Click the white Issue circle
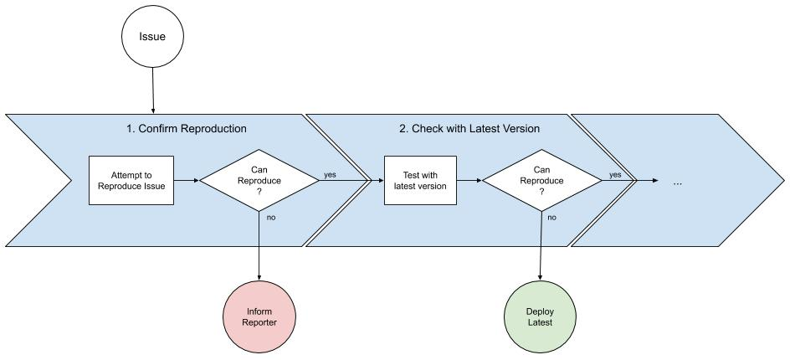pyautogui.click(x=152, y=37)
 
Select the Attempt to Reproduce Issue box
pyautogui.click(x=131, y=180)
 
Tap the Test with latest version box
pyautogui.click(x=420, y=180)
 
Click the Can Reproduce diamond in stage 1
pyautogui.click(x=259, y=180)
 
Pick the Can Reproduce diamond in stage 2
pyautogui.click(x=541, y=180)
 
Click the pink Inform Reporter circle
pyautogui.click(x=259, y=316)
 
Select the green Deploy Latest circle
pyautogui.click(x=540, y=316)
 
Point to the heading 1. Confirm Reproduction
pyautogui.click(x=186, y=129)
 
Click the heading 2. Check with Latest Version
pyautogui.click(x=469, y=129)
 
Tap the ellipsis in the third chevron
pyautogui.click(x=677, y=181)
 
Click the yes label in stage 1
pyautogui.click(x=330, y=175)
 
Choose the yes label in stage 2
pyautogui.click(x=615, y=174)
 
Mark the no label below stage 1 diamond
pyautogui.click(x=270, y=217)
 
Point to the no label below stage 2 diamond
pyautogui.click(x=552, y=217)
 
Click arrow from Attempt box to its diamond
pyautogui.click(x=186, y=180)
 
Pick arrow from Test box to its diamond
pyautogui.click(x=469, y=180)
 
